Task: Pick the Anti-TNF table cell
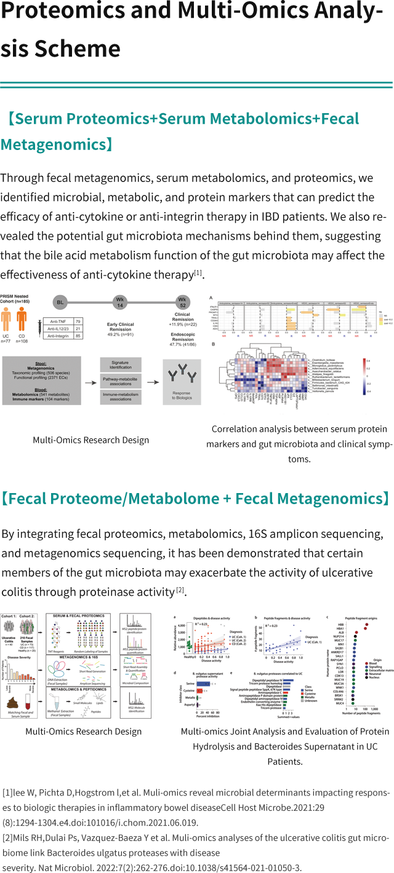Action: [x=56, y=321]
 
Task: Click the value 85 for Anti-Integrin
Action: [x=78, y=336]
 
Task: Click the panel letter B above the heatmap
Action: [x=212, y=345]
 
